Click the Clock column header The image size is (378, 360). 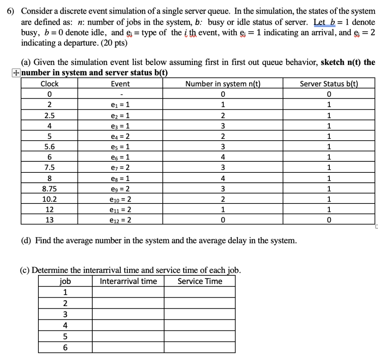pyautogui.click(x=49, y=84)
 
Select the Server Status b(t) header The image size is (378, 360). pyautogui.click(x=329, y=84)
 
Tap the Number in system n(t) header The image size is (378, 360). pyautogui.click(x=223, y=84)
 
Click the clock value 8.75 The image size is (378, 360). pyautogui.click(x=49, y=189)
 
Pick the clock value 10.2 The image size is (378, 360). pyautogui.click(x=49, y=199)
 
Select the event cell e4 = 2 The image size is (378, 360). pyautogui.click(x=120, y=136)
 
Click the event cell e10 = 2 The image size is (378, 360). pyautogui.click(x=120, y=199)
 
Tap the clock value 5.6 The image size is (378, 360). pyautogui.click(x=49, y=147)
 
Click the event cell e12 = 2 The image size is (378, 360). pyautogui.click(x=120, y=220)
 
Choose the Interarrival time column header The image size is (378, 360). pyautogui.click(x=128, y=281)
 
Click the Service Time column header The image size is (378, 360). pyautogui.click(x=200, y=281)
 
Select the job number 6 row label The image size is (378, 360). pyautogui.click(x=65, y=347)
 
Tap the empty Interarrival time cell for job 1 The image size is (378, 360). pyautogui.click(x=128, y=292)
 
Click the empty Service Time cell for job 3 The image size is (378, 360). pyautogui.click(x=200, y=314)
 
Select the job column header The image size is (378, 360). pyautogui.click(x=65, y=281)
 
